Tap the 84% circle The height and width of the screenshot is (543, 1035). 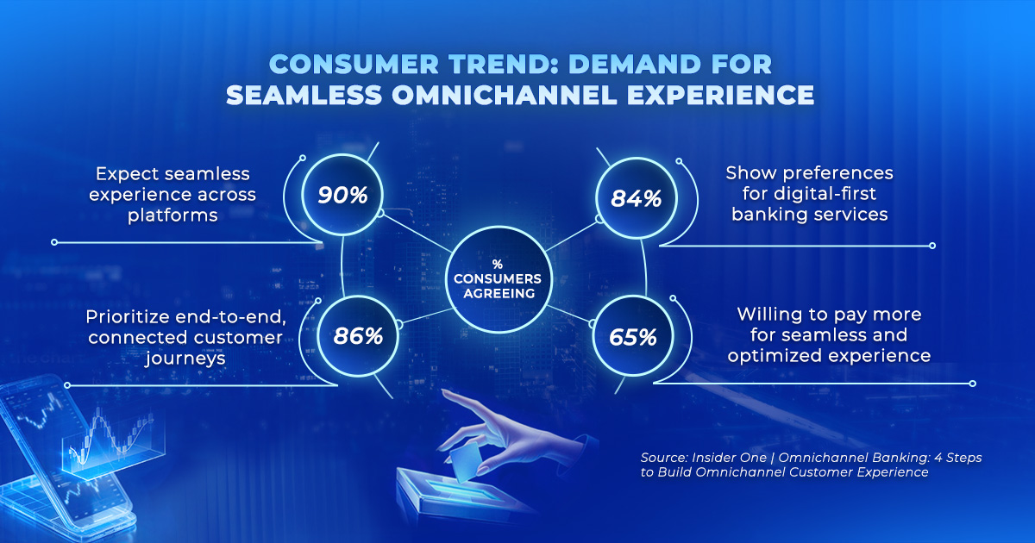[635, 198]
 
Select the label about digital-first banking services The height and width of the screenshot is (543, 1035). [809, 194]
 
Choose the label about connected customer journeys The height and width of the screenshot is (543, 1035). [184, 336]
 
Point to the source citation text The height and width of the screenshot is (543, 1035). [811, 465]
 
